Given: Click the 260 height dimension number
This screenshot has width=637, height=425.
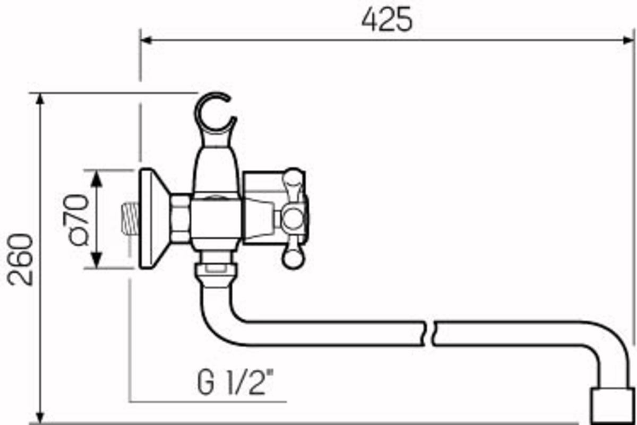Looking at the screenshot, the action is (21, 259).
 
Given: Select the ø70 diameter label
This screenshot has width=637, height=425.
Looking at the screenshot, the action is (75, 220).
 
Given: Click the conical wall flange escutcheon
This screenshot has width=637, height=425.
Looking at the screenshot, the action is (153, 218).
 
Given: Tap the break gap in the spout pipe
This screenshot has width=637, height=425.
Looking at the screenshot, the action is (430, 334).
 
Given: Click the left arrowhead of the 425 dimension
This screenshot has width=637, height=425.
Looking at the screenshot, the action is (145, 40).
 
